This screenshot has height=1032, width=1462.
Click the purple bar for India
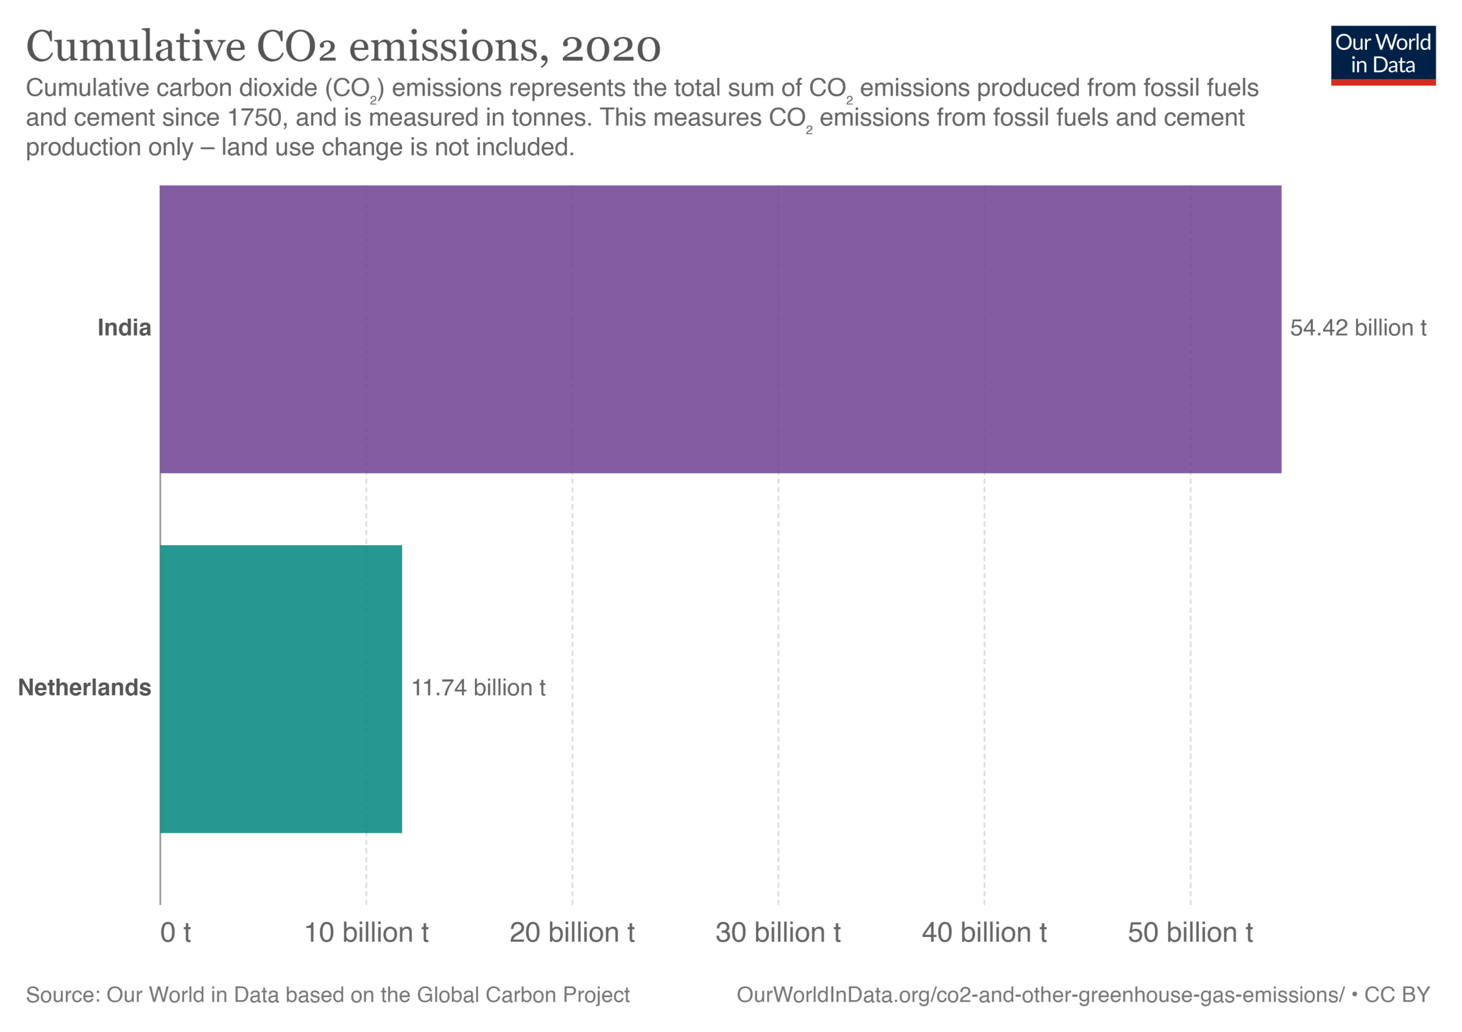click(x=720, y=329)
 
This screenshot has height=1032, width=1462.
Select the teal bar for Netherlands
click(x=281, y=689)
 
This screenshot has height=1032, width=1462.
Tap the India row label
click(x=124, y=328)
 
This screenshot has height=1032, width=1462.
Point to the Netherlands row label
click(x=85, y=688)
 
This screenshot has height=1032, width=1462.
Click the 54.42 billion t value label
click(x=1358, y=328)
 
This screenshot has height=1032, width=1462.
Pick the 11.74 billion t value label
click(x=478, y=688)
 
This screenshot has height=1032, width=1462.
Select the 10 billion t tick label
click(x=367, y=933)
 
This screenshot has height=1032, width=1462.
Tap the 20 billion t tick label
click(x=573, y=933)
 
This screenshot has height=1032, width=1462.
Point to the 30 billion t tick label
click(x=778, y=933)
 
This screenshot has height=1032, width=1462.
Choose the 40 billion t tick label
click(x=984, y=933)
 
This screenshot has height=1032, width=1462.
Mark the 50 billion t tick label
click(x=1191, y=933)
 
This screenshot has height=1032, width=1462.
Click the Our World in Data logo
click(x=1383, y=55)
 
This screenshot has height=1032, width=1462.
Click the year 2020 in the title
click(x=610, y=48)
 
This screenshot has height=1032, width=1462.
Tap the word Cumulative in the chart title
click(x=136, y=46)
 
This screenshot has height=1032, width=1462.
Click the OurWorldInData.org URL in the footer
click(x=1040, y=995)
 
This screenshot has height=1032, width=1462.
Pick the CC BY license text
click(x=1397, y=995)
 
